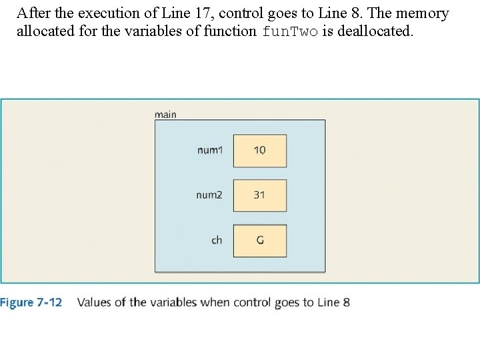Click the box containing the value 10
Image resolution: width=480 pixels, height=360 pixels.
coord(259,151)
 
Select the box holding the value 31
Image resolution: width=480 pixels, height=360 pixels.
coord(259,195)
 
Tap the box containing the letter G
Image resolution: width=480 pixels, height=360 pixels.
coord(259,240)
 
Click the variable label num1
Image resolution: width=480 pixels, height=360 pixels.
coord(209,151)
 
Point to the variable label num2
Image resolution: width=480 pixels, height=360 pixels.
coord(209,195)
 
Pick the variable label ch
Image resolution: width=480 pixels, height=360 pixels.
coord(217,240)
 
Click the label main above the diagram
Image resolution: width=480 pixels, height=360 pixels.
coord(165,115)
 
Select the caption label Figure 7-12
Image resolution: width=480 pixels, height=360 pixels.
coord(31,303)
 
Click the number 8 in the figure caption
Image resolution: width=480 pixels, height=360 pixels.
coord(346,303)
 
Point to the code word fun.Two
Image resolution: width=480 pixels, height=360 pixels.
coord(290,31)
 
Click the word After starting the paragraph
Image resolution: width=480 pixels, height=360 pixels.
coord(33,13)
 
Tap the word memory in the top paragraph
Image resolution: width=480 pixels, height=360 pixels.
coord(427,13)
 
